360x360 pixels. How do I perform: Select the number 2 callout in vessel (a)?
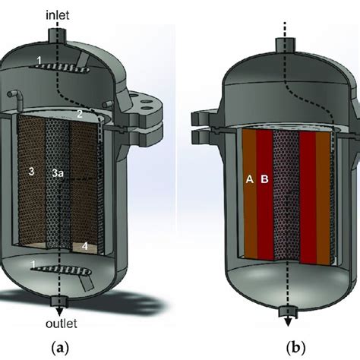click(x=78, y=115)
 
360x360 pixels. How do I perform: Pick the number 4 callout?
click(x=85, y=245)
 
